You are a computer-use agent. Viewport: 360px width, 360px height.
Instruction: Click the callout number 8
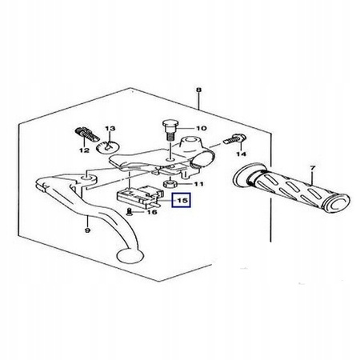[198, 90]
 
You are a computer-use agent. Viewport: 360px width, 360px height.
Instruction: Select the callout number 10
[202, 128]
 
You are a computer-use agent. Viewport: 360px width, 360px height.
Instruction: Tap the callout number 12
[84, 150]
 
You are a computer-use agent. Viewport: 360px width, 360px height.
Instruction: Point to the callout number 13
[110, 129]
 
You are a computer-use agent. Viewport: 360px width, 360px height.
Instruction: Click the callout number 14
[242, 154]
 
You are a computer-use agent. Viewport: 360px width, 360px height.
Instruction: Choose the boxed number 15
[182, 200]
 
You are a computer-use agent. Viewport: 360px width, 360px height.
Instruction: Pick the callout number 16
[152, 212]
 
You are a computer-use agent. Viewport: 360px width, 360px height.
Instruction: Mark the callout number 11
[198, 184]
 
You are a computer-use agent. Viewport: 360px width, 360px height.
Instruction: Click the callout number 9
[87, 230]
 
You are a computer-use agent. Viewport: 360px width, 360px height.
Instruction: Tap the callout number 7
[313, 168]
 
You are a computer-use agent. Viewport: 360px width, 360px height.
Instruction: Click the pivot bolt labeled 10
[169, 130]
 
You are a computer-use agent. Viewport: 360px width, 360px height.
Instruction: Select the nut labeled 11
[169, 184]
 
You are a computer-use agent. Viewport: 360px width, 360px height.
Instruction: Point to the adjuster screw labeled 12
[86, 134]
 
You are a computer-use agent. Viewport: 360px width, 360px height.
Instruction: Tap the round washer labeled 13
[108, 146]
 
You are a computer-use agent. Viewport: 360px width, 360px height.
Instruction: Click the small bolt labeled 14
[234, 138]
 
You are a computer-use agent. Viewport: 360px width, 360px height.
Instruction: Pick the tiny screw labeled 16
[130, 212]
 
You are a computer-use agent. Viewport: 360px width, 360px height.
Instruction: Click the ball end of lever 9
[129, 256]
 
